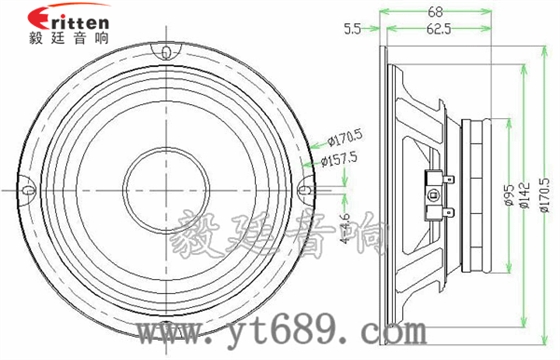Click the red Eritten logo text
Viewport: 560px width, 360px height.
tap(69, 21)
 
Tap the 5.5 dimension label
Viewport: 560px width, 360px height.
tap(351, 30)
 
